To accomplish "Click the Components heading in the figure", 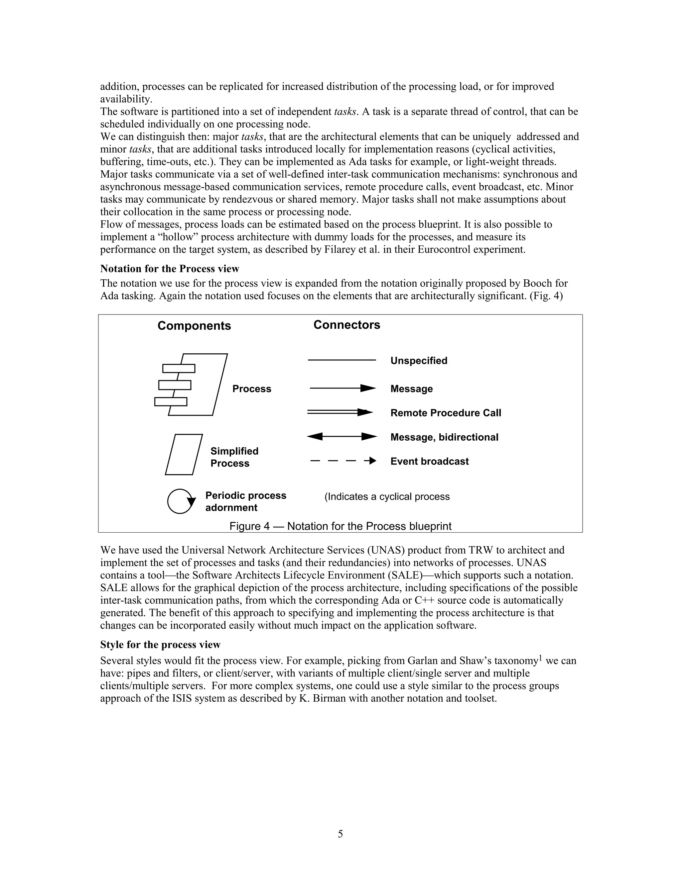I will click(x=194, y=325).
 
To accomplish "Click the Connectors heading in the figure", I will click(x=346, y=325).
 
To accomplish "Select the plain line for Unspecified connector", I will click(x=342, y=360).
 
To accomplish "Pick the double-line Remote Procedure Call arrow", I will click(x=340, y=412).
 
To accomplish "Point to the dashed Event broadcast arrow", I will click(x=343, y=461).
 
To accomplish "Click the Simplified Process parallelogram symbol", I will click(x=184, y=455).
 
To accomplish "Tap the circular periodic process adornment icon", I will click(x=180, y=501).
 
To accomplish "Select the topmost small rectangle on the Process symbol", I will click(x=179, y=368).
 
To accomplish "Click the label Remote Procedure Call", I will click(x=445, y=413).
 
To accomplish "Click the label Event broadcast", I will click(x=429, y=461).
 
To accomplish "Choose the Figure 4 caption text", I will click(x=340, y=526).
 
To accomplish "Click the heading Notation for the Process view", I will click(x=170, y=269).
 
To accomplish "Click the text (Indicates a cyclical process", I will click(x=386, y=496).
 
